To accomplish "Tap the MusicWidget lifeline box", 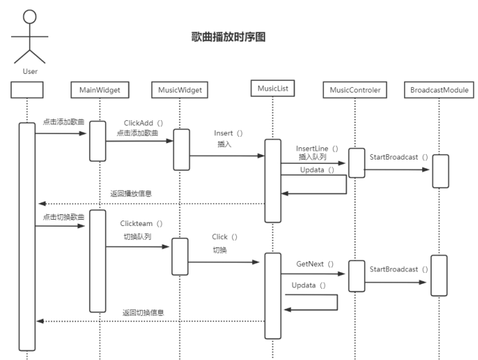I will pyautogui.click(x=179, y=90).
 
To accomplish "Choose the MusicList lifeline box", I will pyautogui.click(x=271, y=89).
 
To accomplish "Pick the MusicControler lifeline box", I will pyautogui.click(x=355, y=90).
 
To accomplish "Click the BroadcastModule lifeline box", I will pyautogui.click(x=439, y=90).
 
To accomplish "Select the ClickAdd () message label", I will pyautogui.click(x=143, y=122).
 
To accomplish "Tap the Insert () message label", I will pyautogui.click(x=228, y=132).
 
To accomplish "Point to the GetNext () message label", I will pyautogui.click(x=315, y=263).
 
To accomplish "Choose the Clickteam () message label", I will pyautogui.click(x=141, y=223).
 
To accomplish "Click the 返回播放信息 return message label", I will pyautogui.click(x=131, y=193).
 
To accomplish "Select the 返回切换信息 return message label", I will pyautogui.click(x=143, y=313).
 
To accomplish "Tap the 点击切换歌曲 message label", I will pyautogui.click(x=64, y=217).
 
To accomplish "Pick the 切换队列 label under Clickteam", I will pyautogui.click(x=137, y=236).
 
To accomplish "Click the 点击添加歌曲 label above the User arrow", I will pyautogui.click(x=64, y=122).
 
